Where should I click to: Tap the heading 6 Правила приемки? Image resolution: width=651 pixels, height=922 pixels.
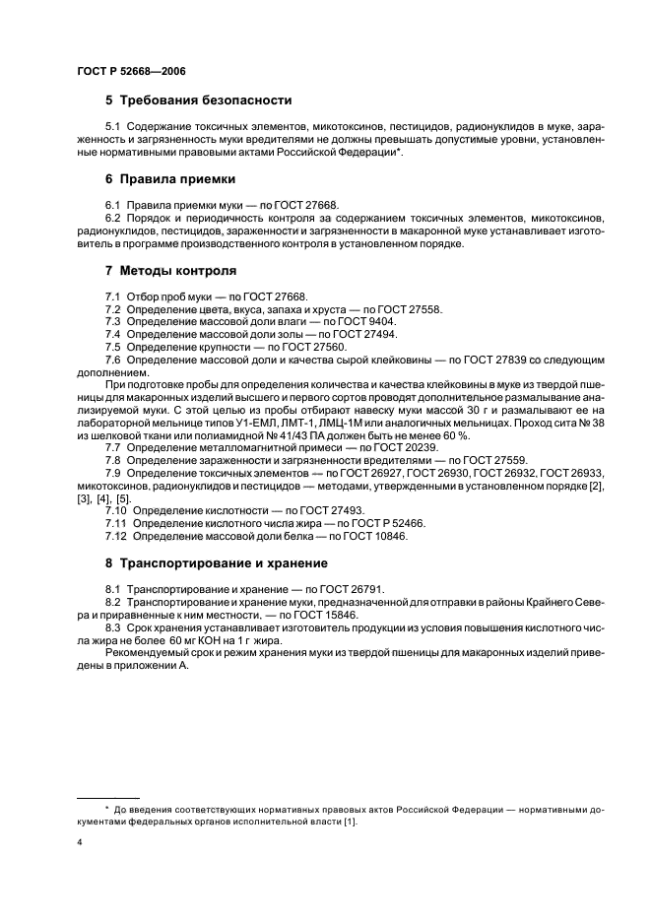point(170,179)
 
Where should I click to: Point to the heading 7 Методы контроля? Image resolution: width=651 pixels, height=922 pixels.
point(170,270)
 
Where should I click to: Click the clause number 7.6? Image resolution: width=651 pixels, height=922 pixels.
point(113,361)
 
